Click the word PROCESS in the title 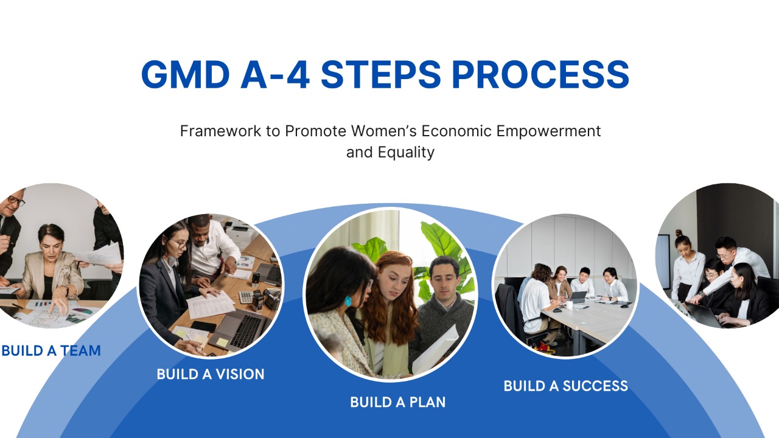click(x=540, y=74)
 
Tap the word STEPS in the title click(x=381, y=74)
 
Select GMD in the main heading click(x=186, y=74)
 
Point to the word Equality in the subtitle click(x=406, y=153)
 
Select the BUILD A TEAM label click(x=51, y=351)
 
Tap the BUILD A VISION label click(x=211, y=374)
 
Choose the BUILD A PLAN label click(x=397, y=402)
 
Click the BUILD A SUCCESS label click(x=566, y=386)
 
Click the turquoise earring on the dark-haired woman click(x=348, y=301)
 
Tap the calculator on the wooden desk click(x=246, y=296)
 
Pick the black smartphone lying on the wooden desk click(x=204, y=326)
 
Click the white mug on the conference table click(x=568, y=305)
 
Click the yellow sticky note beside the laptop click(x=222, y=342)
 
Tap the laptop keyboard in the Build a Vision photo click(x=245, y=330)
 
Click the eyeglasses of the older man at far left click(x=16, y=200)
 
